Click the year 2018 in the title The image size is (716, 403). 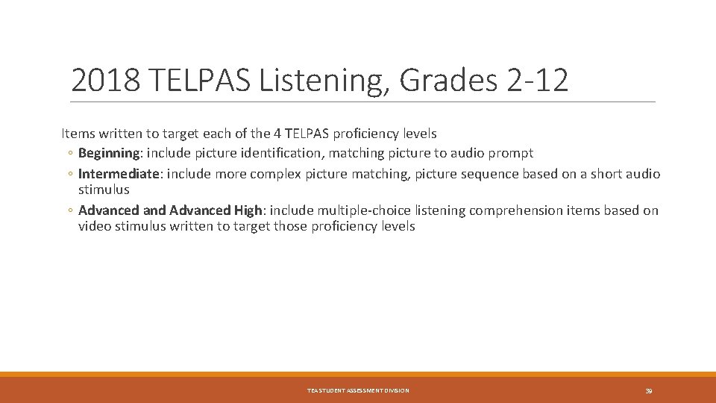coord(104,80)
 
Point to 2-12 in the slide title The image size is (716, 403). coord(537,80)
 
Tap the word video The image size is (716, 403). coord(95,225)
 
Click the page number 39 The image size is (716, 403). coord(649,391)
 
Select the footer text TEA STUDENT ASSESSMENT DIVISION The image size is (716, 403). coord(358,391)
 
